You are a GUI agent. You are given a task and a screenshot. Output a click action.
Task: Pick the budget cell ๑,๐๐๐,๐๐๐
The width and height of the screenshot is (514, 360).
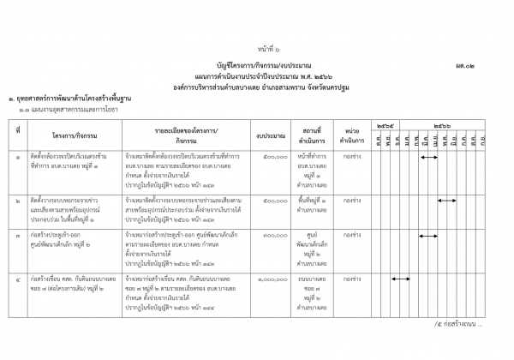point(270,279)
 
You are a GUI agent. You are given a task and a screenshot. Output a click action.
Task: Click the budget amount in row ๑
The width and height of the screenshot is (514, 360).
point(273,157)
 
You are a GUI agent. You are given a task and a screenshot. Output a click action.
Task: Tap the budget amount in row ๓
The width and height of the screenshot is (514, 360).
point(273,234)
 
